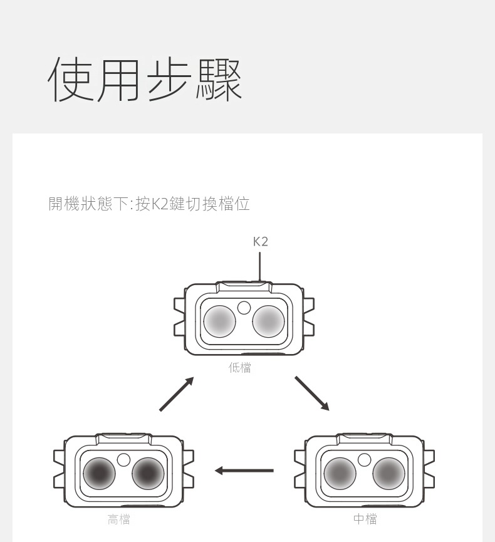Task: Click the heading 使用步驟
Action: pyautogui.click(x=145, y=80)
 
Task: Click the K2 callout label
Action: pyautogui.click(x=261, y=241)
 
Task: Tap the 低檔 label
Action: pyautogui.click(x=240, y=368)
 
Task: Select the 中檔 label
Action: pyautogui.click(x=365, y=519)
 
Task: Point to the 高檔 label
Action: pyautogui.click(x=119, y=519)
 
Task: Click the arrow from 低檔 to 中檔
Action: pyautogui.click(x=311, y=393)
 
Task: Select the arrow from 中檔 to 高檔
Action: pyautogui.click(x=244, y=470)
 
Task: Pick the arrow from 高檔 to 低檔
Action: pyautogui.click(x=177, y=394)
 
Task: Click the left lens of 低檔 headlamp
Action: pyautogui.click(x=220, y=321)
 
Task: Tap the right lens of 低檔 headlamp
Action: pyautogui.click(x=269, y=321)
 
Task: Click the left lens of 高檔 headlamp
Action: pyautogui.click(x=100, y=474)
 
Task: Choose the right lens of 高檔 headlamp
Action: pyautogui.click(x=148, y=474)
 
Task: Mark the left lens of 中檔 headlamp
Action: pyautogui.click(x=340, y=473)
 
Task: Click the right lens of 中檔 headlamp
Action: pyautogui.click(x=388, y=473)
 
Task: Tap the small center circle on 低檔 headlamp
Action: pyautogui.click(x=244, y=307)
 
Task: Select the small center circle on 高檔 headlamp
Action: pyautogui.click(x=124, y=460)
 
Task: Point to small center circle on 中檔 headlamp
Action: pyautogui.click(x=365, y=459)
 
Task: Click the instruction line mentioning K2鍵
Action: pyautogui.click(x=149, y=204)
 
